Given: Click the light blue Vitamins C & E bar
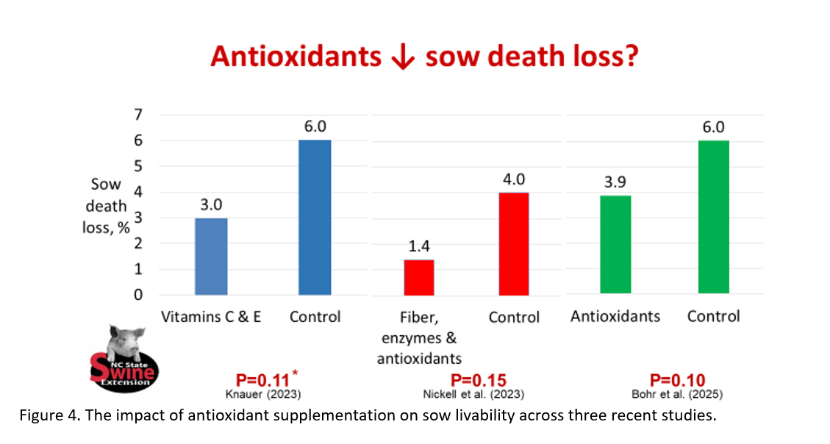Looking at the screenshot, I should click(211, 256).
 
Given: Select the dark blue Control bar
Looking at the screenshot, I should click(315, 217).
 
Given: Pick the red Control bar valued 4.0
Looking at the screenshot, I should click(513, 243).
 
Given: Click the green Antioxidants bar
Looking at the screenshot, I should click(615, 244).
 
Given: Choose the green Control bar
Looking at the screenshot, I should click(713, 217).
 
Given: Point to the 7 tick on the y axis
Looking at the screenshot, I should click(138, 114).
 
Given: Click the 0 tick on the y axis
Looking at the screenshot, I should click(138, 295).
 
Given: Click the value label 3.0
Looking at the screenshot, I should click(211, 204).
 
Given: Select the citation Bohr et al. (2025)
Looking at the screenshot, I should click(677, 394).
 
